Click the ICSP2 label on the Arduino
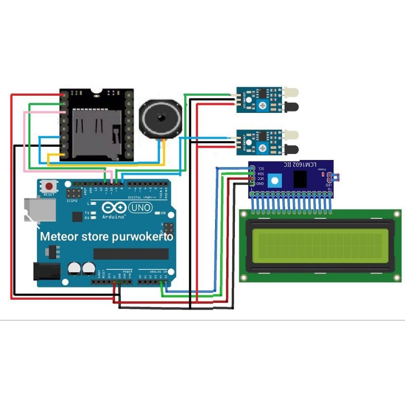tap(73, 200)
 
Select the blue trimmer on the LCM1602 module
tap(275, 180)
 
